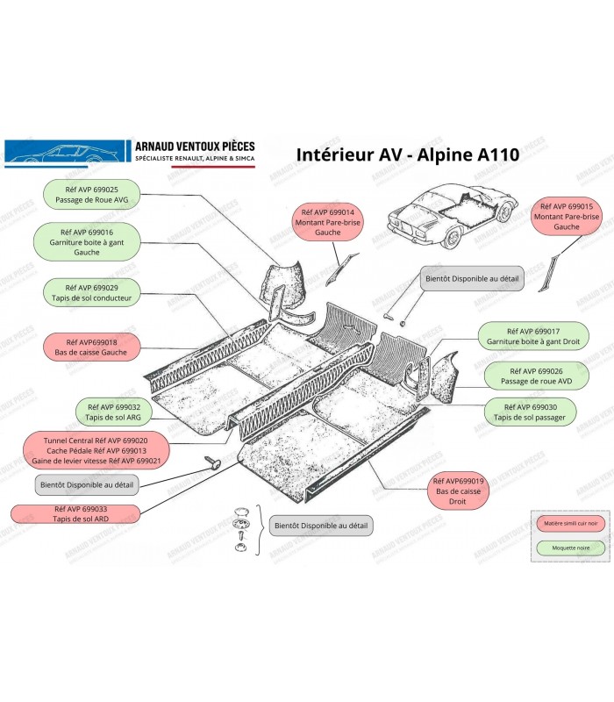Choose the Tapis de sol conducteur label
pyautogui.click(x=92, y=293)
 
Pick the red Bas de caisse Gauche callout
pyautogui.click(x=90, y=347)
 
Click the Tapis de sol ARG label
pyautogui.click(x=114, y=412)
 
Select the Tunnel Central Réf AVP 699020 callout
pyautogui.click(x=90, y=449)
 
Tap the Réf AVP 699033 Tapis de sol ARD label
pyautogui.click(x=74, y=514)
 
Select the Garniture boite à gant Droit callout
pyautogui.click(x=533, y=335)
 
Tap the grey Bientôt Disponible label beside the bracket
pyautogui.click(x=320, y=526)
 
